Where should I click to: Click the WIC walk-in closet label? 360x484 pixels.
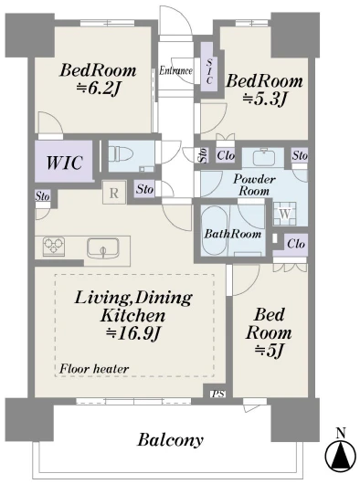click(65, 162)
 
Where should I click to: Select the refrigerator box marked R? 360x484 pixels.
click(114, 193)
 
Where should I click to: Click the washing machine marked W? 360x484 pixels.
click(285, 214)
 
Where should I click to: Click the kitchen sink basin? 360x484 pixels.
click(103, 247)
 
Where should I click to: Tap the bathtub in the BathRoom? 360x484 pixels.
click(215, 230)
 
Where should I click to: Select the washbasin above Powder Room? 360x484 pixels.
click(263, 157)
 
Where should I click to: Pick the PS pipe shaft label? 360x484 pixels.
click(218, 394)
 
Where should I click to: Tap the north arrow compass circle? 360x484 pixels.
click(341, 457)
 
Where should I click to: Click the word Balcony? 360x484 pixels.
click(171, 440)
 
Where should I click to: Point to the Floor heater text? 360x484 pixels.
click(94, 369)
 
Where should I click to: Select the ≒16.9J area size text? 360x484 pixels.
click(133, 333)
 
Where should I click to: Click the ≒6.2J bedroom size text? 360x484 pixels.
click(98, 89)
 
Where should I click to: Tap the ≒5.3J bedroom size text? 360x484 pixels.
click(264, 100)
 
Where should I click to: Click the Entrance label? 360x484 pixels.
click(176, 71)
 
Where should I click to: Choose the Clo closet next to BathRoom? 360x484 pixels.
click(296, 244)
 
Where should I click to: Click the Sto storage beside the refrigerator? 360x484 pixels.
click(144, 189)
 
